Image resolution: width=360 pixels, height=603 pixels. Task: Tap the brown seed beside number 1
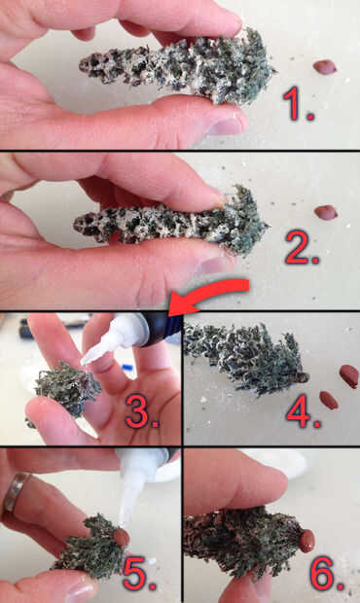(325, 67)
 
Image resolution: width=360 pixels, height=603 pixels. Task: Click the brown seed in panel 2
(326, 212)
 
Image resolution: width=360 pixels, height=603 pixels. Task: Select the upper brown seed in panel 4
(349, 376)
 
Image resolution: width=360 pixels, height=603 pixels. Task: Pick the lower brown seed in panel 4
(329, 400)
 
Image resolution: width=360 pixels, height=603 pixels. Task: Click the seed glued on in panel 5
(122, 537)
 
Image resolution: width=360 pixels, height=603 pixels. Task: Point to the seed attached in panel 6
(306, 541)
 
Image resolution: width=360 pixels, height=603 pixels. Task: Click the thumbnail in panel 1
(225, 126)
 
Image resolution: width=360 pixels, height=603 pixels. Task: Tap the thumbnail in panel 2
(214, 266)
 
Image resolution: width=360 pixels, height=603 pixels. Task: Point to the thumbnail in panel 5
(80, 592)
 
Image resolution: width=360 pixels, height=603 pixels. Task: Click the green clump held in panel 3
(68, 388)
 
